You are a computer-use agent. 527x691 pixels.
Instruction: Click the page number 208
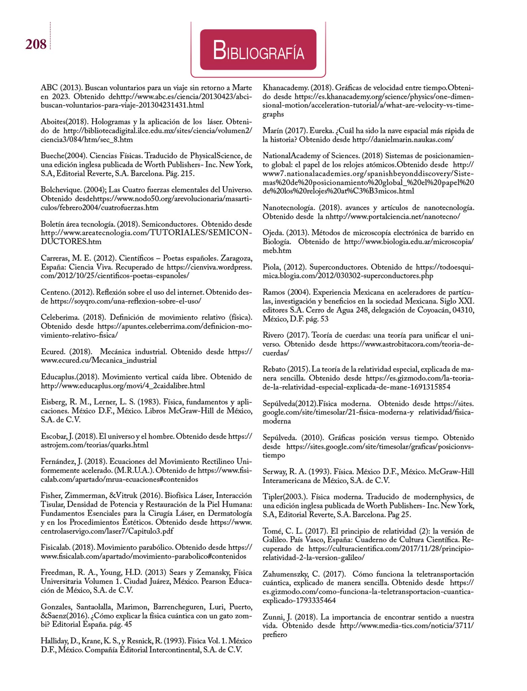click(x=36, y=44)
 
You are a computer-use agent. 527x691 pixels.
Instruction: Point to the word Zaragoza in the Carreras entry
click(x=236, y=258)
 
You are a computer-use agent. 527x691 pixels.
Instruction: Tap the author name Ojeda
click(x=272, y=232)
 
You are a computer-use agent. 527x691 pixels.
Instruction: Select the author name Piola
click(x=272, y=267)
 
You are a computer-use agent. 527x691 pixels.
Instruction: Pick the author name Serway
click(x=274, y=471)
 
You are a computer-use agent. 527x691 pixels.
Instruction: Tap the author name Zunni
click(x=272, y=617)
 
